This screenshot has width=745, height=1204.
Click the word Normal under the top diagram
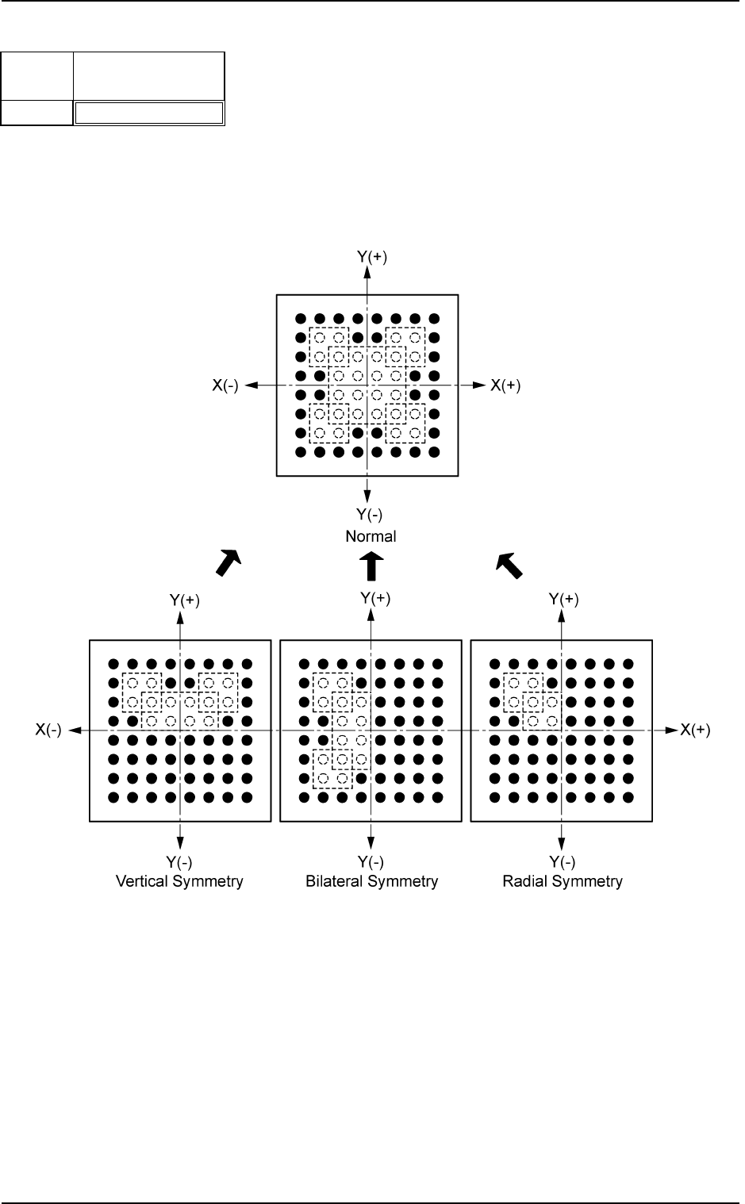click(371, 536)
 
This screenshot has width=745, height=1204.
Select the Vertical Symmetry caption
click(180, 881)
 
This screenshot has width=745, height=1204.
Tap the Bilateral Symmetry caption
click(371, 881)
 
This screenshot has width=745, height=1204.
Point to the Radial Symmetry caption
click(563, 881)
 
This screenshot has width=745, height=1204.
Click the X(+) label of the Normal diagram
click(505, 385)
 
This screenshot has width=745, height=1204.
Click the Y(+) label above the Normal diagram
click(371, 257)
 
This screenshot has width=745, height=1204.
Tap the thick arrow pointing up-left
click(509, 564)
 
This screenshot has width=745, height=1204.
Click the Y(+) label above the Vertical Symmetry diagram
click(185, 600)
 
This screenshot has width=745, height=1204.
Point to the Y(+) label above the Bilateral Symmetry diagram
click(375, 599)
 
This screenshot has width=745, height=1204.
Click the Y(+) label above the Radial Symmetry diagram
click(564, 600)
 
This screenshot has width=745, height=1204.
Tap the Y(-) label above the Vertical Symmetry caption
click(179, 863)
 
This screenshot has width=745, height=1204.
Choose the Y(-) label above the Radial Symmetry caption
click(563, 863)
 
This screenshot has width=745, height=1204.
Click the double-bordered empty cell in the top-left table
click(148, 113)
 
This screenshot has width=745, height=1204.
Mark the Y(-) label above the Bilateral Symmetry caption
click(371, 863)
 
